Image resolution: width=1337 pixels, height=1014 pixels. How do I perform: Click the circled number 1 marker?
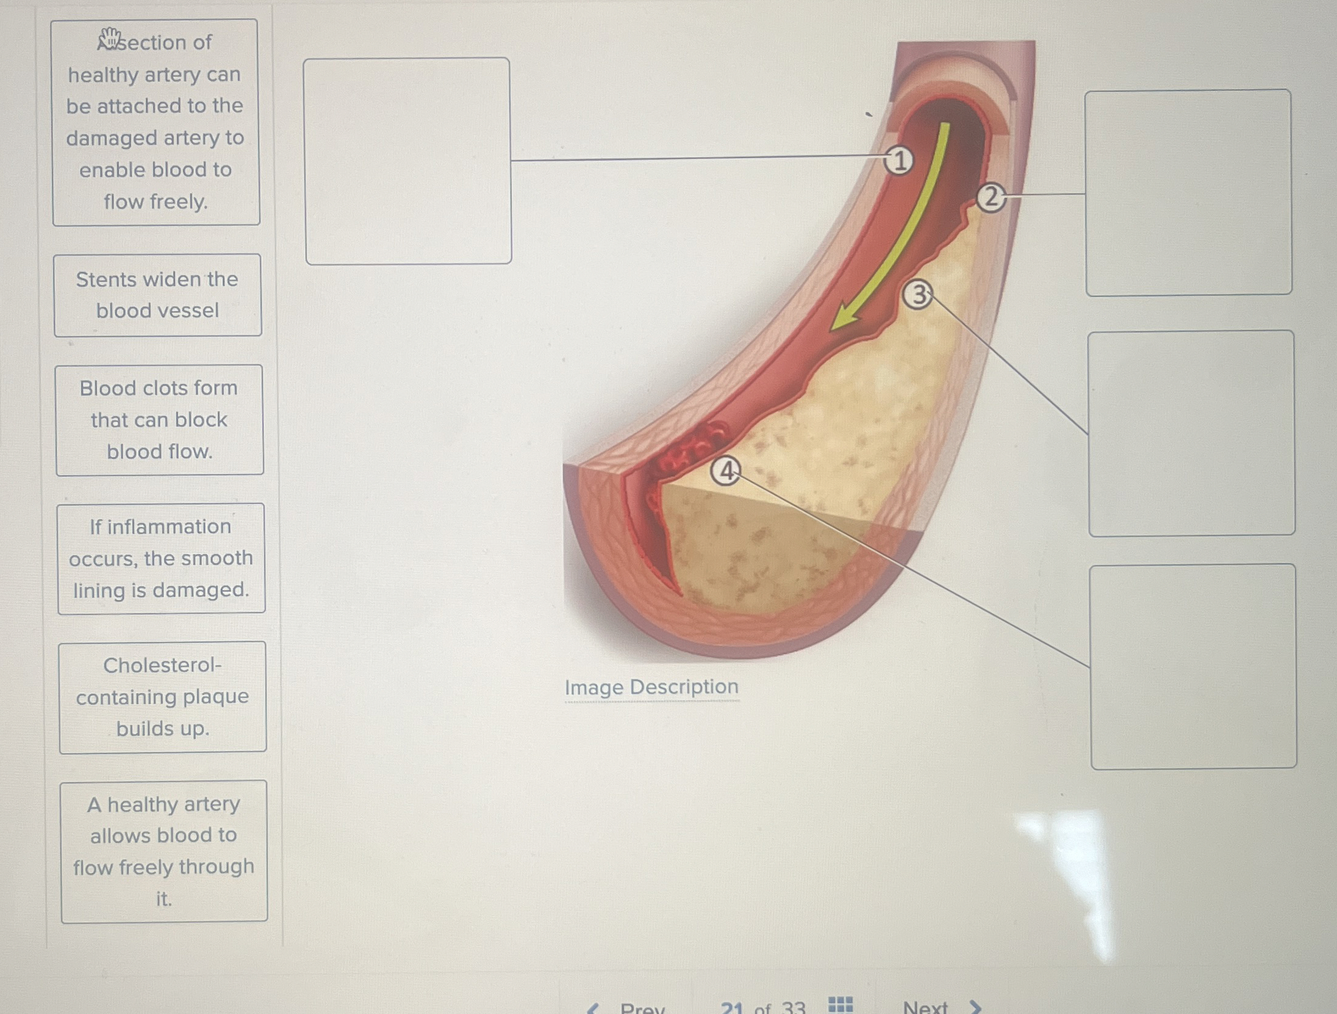pyautogui.click(x=899, y=161)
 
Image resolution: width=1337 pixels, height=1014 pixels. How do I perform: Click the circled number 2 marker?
pyautogui.click(x=991, y=198)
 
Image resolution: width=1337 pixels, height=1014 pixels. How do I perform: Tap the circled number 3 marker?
pyautogui.click(x=918, y=295)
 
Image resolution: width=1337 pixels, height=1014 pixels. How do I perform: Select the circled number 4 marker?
pyautogui.click(x=726, y=471)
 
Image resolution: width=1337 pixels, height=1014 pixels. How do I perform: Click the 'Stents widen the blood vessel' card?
pyautogui.click(x=157, y=295)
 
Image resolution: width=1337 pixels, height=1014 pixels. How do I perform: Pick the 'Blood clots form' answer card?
pyautogui.click(x=159, y=420)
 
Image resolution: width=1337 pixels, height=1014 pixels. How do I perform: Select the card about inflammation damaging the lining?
pyautogui.click(x=161, y=558)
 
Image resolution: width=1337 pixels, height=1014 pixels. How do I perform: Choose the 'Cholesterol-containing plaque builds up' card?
pyautogui.click(x=162, y=697)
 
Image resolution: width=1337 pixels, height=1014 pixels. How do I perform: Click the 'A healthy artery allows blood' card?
pyautogui.click(x=163, y=851)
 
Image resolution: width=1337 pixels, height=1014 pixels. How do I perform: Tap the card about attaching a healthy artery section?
pyautogui.click(x=156, y=122)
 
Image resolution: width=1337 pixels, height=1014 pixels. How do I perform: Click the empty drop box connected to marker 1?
pyautogui.click(x=407, y=161)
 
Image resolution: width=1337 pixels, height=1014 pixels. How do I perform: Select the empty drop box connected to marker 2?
pyautogui.click(x=1188, y=193)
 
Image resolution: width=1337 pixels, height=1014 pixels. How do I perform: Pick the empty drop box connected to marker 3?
pyautogui.click(x=1191, y=433)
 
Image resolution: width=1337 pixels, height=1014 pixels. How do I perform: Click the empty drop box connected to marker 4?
pyautogui.click(x=1193, y=666)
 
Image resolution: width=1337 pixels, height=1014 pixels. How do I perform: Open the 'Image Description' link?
pyautogui.click(x=651, y=687)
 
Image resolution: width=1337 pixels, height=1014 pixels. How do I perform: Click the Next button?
pyautogui.click(x=939, y=1005)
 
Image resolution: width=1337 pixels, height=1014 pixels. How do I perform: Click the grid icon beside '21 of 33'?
pyautogui.click(x=841, y=1004)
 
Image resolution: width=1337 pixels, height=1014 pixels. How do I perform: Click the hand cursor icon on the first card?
pyautogui.click(x=110, y=38)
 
